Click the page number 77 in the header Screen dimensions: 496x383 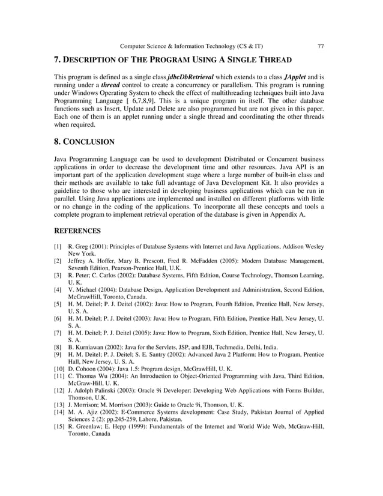click(321, 46)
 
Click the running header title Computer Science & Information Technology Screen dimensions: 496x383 click(191, 46)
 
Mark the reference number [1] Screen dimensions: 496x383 click(58, 247)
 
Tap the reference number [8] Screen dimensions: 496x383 click(58, 346)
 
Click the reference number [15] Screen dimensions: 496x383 click(59, 427)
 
